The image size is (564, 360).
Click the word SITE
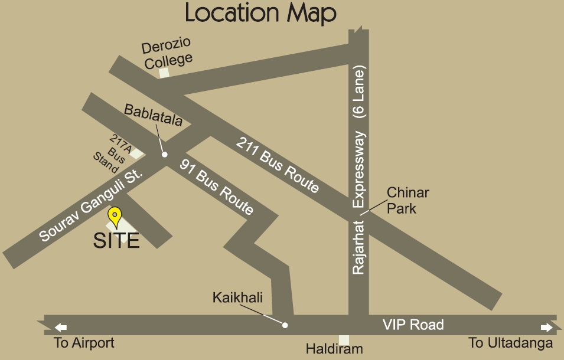point(116,240)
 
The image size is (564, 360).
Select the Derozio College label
point(168,54)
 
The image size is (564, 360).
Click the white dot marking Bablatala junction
point(165,155)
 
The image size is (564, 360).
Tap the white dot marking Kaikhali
point(285,325)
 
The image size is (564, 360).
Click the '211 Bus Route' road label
point(278,165)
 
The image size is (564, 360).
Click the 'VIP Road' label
point(413,325)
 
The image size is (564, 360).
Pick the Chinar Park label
point(407,201)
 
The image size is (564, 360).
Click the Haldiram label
point(334,349)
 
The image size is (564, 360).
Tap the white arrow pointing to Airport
point(61,327)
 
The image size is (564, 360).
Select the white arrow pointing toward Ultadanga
point(547,327)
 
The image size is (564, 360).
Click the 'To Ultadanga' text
point(511,343)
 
